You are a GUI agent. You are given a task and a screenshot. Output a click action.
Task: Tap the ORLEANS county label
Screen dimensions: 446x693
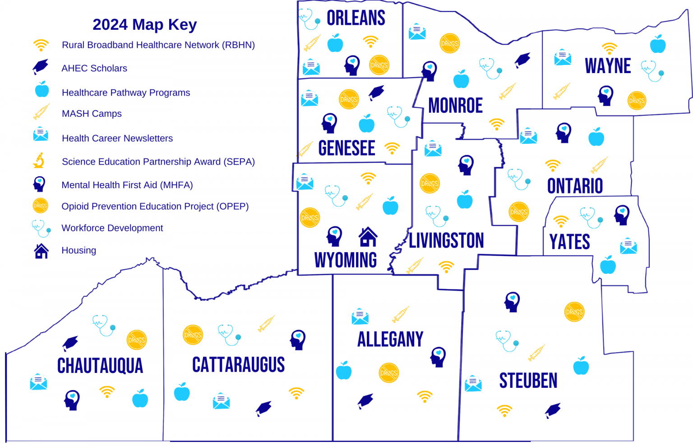356,18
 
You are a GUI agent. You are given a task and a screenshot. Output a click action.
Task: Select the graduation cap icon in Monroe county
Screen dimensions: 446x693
522,60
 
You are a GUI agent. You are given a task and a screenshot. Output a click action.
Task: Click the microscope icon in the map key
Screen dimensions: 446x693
40,161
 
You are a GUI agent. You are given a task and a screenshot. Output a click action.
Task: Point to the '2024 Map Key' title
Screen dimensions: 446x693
144,24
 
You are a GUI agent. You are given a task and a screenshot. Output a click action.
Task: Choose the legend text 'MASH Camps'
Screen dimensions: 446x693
92,114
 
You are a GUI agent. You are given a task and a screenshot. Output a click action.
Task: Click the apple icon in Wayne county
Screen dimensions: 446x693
658,44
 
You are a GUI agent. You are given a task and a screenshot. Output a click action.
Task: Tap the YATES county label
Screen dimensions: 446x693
569,242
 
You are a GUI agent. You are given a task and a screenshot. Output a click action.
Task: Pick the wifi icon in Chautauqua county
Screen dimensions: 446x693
107,391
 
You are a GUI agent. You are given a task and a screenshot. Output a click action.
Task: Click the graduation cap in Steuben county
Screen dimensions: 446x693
553,410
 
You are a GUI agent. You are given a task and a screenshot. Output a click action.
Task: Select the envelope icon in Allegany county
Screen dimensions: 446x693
360,317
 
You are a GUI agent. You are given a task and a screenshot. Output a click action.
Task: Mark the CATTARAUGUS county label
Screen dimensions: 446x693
238,364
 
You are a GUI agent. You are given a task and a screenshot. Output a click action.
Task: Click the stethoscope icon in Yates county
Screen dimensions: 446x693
590,217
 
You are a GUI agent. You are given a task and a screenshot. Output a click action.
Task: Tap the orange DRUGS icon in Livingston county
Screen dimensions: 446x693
430,184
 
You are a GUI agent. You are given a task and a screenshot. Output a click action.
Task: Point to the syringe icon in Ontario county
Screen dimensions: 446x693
599,166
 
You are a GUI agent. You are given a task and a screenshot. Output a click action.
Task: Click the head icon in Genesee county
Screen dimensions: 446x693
329,123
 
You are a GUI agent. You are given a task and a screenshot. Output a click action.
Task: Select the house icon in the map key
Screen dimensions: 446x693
41,251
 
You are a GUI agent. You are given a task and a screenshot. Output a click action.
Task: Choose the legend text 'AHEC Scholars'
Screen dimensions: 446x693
94,69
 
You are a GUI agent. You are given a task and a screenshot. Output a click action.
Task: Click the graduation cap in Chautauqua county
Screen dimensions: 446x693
70,343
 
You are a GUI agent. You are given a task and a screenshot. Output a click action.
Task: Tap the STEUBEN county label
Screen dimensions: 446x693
528,381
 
